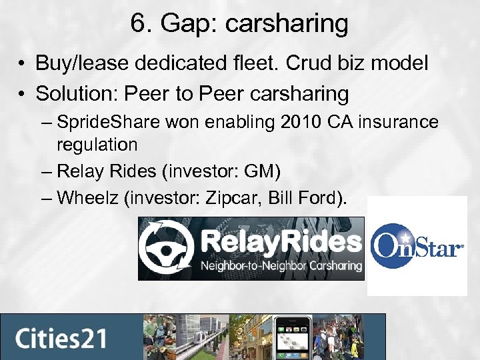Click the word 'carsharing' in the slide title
pyautogui.click(x=287, y=25)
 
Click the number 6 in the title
pyautogui.click(x=139, y=24)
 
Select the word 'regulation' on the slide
pyautogui.click(x=97, y=143)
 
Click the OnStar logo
pyautogui.click(x=417, y=247)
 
